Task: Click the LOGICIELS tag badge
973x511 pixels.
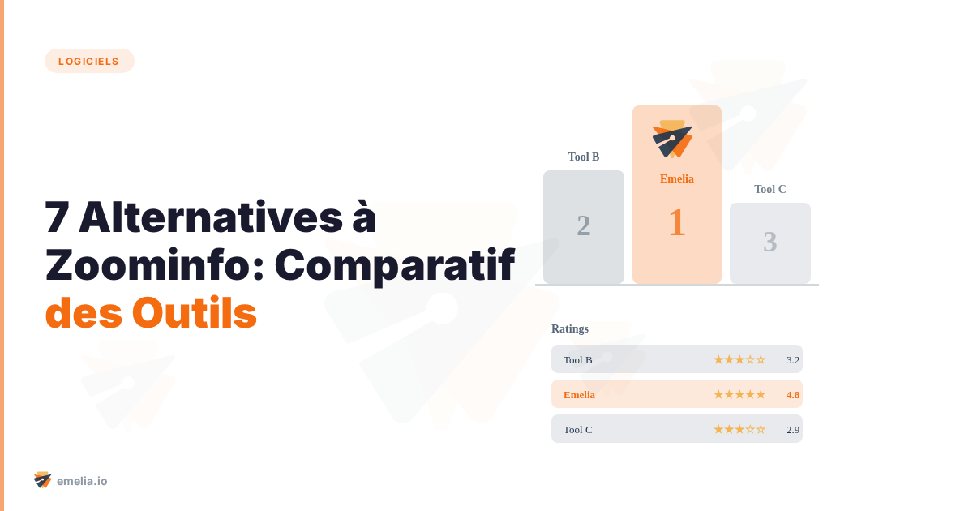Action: (x=89, y=61)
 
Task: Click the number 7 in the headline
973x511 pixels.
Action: (x=57, y=217)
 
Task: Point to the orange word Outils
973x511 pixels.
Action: (x=195, y=313)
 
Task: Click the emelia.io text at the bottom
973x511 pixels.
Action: (x=82, y=481)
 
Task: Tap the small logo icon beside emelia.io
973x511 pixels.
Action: (x=42, y=480)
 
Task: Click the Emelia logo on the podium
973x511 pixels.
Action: (x=672, y=139)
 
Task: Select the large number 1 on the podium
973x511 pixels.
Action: (x=677, y=223)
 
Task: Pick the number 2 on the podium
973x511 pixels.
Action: (x=584, y=225)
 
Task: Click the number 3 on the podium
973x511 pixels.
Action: (x=770, y=242)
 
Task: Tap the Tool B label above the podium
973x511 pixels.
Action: (x=584, y=157)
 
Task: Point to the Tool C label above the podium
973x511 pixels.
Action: (x=770, y=189)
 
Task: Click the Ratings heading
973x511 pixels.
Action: (x=570, y=328)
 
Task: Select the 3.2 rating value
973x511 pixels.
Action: (x=793, y=359)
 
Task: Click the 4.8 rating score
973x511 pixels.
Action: (x=793, y=394)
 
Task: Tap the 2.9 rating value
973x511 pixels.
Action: (x=793, y=429)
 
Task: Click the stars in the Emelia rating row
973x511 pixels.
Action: (x=739, y=394)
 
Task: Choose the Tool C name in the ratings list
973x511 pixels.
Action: (x=578, y=429)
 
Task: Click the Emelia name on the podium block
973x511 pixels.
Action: (x=677, y=178)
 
